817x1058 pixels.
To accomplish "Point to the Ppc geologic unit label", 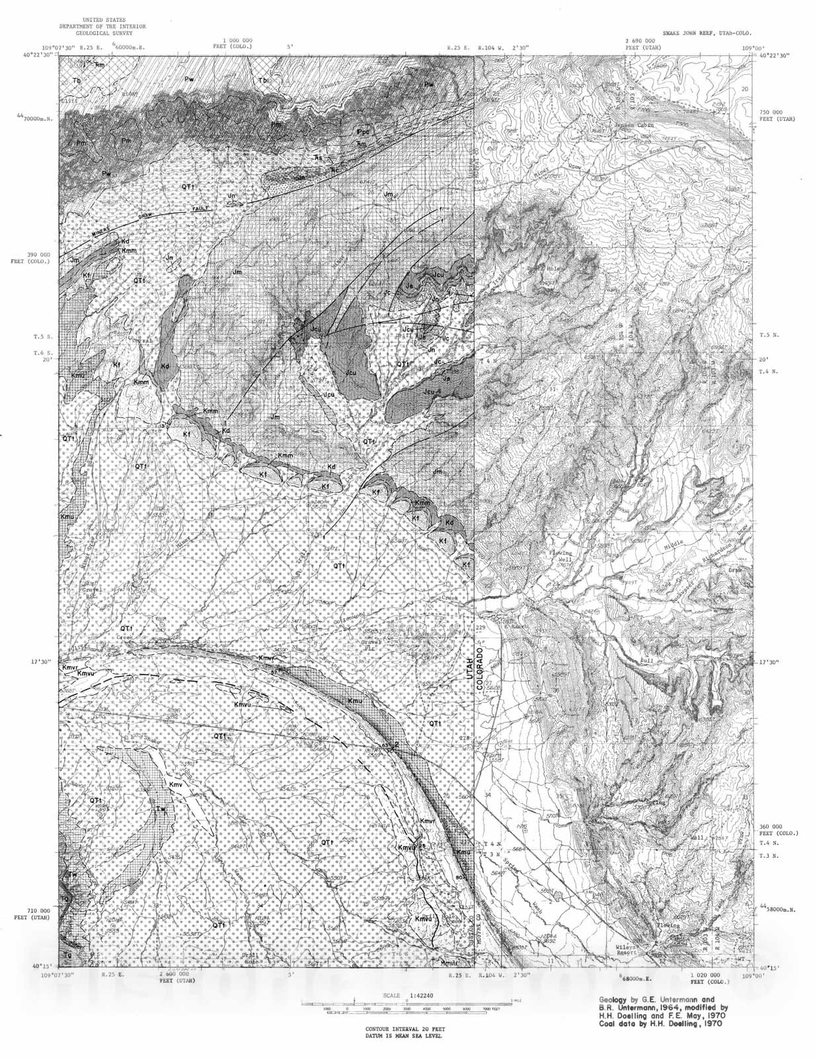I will click(x=363, y=132).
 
